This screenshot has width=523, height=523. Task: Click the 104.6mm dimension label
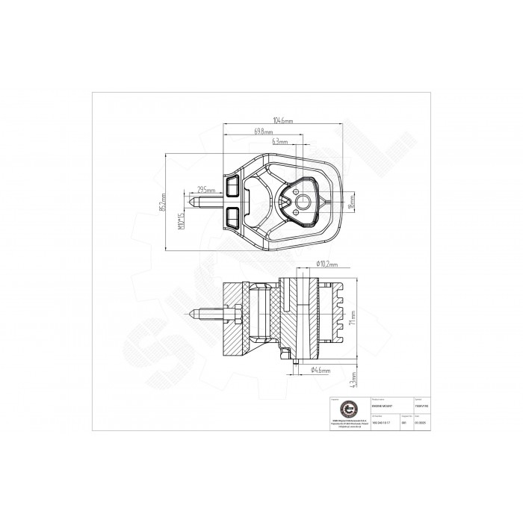[x=282, y=120]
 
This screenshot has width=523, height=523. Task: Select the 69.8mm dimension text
[x=264, y=131]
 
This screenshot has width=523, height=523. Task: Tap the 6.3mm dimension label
[x=281, y=141]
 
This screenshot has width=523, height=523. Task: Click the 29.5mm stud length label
[x=207, y=191]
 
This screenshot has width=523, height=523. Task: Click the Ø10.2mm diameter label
[x=327, y=264]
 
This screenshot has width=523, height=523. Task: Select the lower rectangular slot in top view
[x=233, y=217]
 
